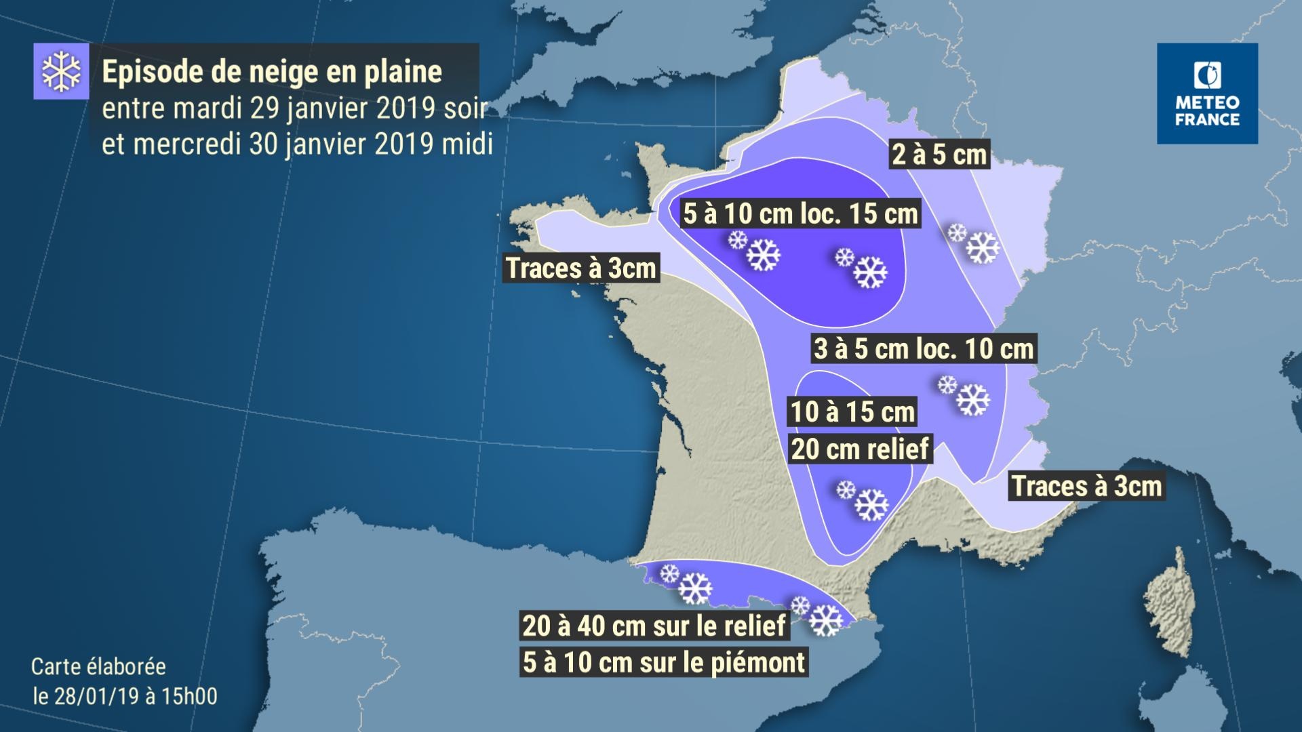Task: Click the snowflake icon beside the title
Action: pos(61,71)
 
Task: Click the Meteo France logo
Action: pos(1207,94)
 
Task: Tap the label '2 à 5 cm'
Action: pos(939,155)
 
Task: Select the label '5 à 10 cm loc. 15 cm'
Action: pos(800,214)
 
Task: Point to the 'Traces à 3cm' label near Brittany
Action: pos(581,268)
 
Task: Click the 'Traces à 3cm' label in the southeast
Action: pos(1087,487)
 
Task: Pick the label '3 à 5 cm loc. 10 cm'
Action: pos(924,349)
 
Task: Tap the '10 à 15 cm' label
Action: pos(853,412)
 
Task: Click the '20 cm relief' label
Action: pos(860,449)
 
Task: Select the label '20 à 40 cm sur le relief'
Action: pos(654,626)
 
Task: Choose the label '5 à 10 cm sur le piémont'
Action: pos(664,662)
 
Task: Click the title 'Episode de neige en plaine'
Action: pos(272,72)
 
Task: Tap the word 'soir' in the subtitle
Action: pos(465,108)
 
